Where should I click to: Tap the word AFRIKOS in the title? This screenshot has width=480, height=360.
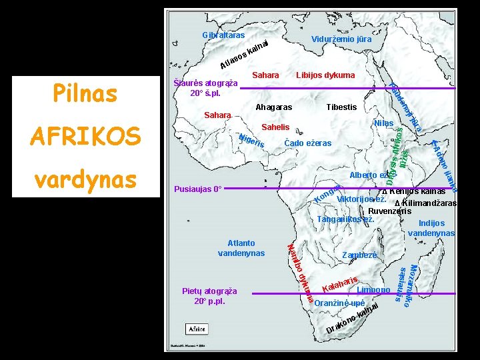click(x=85, y=136)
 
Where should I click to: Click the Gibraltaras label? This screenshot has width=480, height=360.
click(x=223, y=35)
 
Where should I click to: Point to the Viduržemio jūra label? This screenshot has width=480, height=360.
click(x=341, y=39)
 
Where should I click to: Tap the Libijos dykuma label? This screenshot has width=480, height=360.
click(x=325, y=75)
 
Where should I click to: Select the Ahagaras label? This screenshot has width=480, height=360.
click(x=274, y=107)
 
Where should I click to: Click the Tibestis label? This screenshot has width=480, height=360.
click(x=341, y=107)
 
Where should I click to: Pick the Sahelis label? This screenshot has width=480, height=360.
click(x=275, y=127)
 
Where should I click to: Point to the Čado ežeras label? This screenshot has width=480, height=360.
click(x=307, y=143)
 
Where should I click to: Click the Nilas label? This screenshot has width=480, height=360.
click(x=384, y=123)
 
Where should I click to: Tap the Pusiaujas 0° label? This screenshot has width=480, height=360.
click(x=197, y=189)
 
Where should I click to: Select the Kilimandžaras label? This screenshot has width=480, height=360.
click(x=427, y=203)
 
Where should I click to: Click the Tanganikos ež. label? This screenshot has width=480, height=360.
click(x=345, y=219)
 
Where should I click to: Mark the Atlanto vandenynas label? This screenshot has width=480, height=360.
click(x=241, y=248)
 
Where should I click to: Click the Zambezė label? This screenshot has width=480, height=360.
click(x=359, y=255)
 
